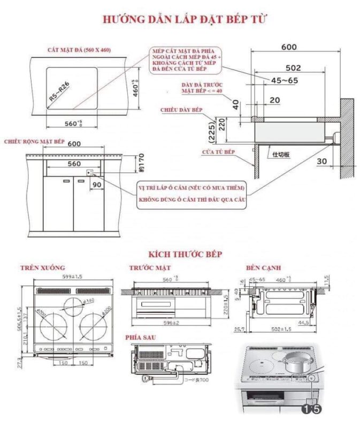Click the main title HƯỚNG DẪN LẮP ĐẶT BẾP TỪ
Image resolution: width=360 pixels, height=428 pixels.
point(184,19)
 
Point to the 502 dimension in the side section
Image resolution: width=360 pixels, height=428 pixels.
point(293,68)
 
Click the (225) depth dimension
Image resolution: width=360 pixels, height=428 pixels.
point(211,131)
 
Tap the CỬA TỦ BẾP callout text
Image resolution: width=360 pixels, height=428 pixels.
point(218,152)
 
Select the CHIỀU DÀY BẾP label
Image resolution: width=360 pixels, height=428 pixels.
point(182,110)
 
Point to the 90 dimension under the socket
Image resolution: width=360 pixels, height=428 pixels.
point(97,185)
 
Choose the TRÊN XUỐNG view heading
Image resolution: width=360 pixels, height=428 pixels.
point(42,267)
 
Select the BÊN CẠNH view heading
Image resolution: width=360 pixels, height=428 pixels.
point(261,267)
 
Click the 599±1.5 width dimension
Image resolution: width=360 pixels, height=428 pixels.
point(71,278)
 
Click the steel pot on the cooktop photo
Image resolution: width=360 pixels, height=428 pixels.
point(296,363)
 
